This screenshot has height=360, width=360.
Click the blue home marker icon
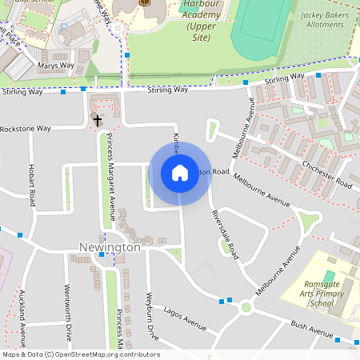coord(180,173)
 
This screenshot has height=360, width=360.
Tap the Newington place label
coord(110,247)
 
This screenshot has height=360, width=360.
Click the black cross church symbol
coord(98,121)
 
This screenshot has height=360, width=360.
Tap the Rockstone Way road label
coord(26,128)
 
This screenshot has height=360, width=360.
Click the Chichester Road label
coord(327,171)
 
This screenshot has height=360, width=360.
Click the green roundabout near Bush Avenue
coord(246,307)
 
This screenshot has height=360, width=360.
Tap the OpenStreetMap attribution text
coord(80,354)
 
